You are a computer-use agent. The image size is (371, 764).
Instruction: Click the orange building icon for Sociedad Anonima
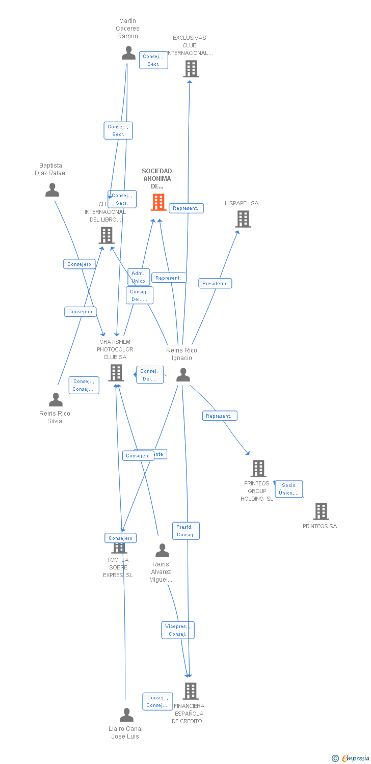point(158,202)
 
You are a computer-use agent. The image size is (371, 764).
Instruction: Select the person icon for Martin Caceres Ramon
point(128,52)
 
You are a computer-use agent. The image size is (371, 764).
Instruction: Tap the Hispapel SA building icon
point(243,219)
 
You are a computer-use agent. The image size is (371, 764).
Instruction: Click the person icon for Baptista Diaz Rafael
point(52,190)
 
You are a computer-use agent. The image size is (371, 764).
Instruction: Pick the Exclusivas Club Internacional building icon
point(191,68)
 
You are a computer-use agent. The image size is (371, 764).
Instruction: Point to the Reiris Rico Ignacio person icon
point(183,375)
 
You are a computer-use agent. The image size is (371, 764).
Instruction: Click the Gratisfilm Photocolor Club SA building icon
point(116,372)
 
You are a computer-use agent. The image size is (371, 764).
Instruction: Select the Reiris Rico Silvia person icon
point(56,399)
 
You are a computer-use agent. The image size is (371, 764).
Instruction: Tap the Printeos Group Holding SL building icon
point(258,469)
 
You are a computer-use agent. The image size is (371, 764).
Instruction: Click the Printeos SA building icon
point(321,511)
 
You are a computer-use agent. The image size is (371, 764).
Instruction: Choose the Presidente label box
point(215,283)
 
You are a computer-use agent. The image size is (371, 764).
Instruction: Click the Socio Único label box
point(289,489)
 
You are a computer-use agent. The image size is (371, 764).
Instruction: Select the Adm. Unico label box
point(139,277)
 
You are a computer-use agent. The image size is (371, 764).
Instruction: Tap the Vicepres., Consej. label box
point(178,630)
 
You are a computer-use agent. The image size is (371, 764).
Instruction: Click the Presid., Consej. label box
point(186,531)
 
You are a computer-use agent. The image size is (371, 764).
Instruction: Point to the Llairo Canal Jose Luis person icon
point(126,715)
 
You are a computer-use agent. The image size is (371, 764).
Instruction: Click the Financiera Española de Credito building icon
point(190,691)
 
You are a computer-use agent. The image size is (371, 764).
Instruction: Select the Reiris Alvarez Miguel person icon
point(162,550)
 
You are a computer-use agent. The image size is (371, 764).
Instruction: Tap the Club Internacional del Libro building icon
point(106,235)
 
